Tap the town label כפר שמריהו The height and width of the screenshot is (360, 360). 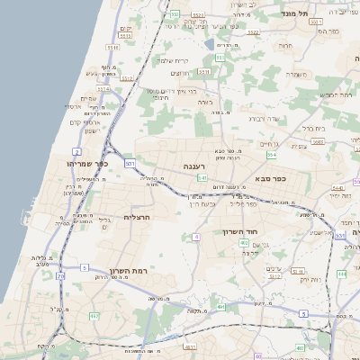(87, 164)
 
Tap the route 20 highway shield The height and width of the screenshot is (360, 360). (60, 276)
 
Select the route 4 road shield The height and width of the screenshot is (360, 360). (195, 237)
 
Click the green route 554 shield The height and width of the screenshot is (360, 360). (271, 155)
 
